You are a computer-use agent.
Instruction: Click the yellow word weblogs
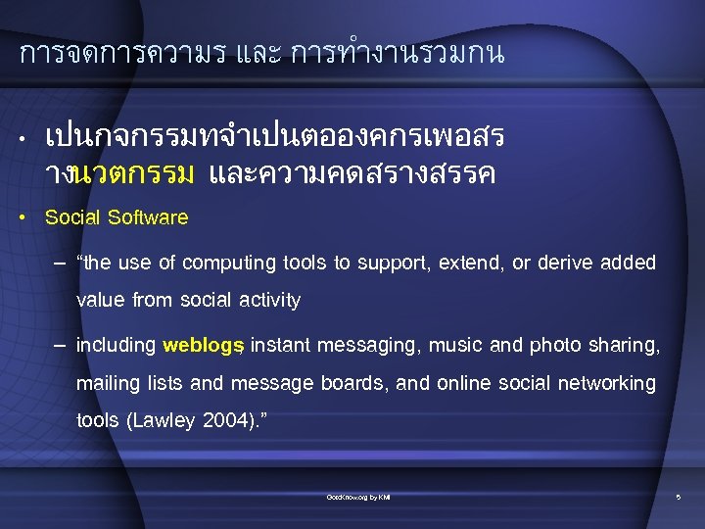[203, 345]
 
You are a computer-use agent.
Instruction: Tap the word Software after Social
[148, 217]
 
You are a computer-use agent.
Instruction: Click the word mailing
[108, 383]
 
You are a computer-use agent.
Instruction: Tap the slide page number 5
[678, 499]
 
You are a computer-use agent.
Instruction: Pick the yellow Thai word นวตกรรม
[134, 174]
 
